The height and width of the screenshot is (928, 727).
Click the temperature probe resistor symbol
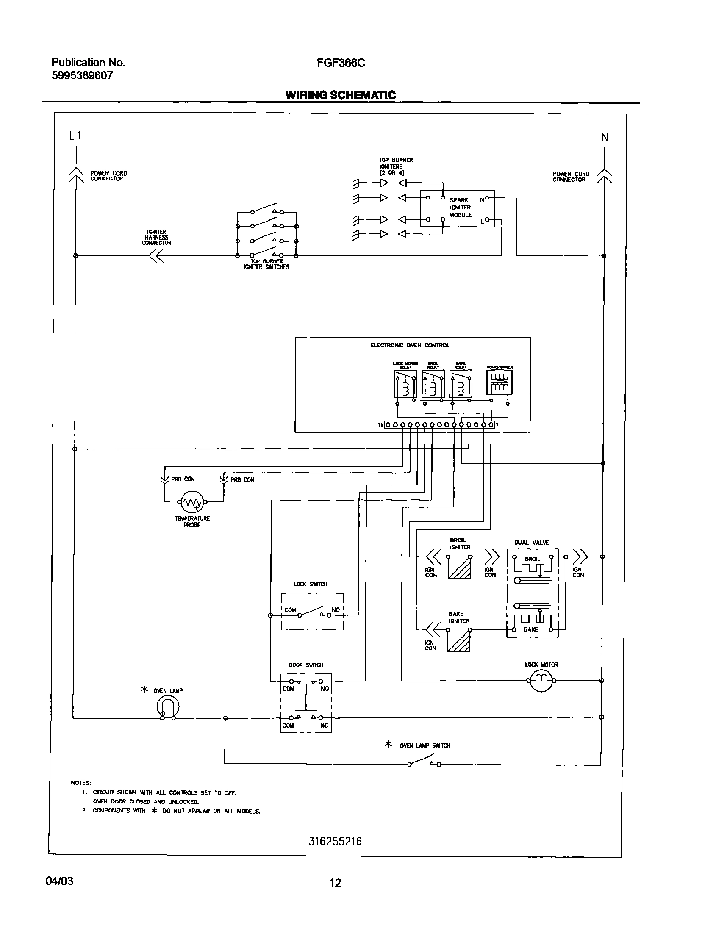tap(192, 502)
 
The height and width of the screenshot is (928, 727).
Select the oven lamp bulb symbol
tap(168, 707)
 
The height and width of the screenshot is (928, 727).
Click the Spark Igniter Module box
tap(458, 208)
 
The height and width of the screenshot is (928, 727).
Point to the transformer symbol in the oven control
tap(499, 382)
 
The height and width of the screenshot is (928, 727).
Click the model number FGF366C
tap(341, 63)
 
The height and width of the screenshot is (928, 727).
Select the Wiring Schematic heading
tap(341, 95)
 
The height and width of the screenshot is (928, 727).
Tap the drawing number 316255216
tap(336, 841)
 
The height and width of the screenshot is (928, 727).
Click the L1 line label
tap(75, 136)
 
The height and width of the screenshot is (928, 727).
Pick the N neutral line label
tap(605, 137)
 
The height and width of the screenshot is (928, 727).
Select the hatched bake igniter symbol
tap(459, 641)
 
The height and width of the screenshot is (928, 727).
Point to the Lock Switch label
tap(310, 584)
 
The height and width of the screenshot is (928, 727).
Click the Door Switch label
tap(306, 665)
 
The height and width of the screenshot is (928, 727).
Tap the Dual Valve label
tap(532, 543)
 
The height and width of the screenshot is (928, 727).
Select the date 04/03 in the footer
tap(60, 881)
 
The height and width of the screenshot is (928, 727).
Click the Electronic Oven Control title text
tap(410, 345)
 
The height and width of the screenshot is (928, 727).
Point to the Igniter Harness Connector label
tap(156, 238)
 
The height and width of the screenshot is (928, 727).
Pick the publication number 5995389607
tap(82, 75)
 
